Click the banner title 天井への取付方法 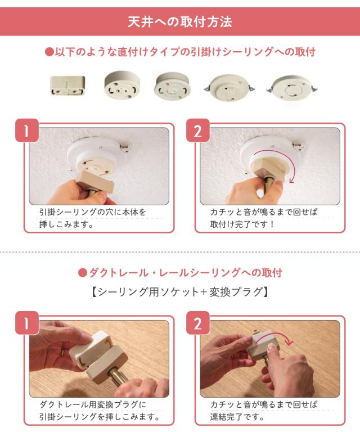(180, 22)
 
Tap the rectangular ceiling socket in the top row (67, 85)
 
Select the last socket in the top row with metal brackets (292, 88)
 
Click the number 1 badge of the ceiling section (26, 130)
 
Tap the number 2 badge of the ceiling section (198, 130)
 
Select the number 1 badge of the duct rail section (26, 323)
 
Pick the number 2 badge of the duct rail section (198, 323)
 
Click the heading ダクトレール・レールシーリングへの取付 (186, 273)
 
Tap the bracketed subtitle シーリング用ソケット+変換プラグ (180, 292)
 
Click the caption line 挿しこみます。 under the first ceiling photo (66, 224)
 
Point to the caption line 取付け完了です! (242, 224)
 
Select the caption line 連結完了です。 (237, 417)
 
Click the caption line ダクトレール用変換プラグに (93, 404)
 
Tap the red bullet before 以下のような (49, 52)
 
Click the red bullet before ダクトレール (82, 273)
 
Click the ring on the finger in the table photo (62, 352)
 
